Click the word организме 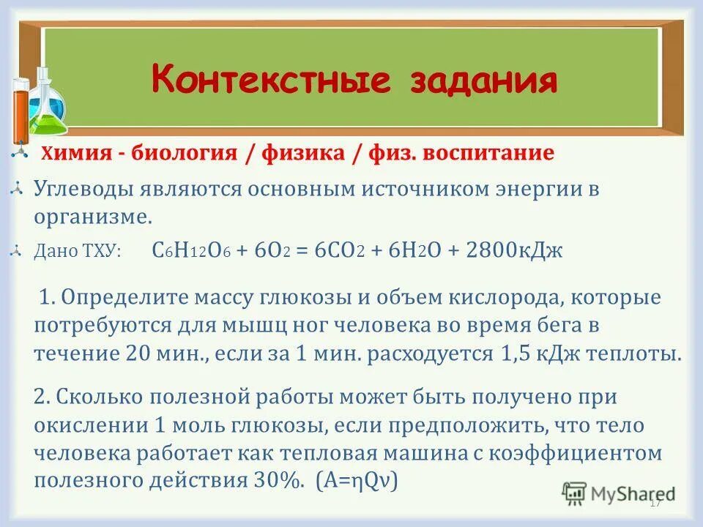click(92, 217)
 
